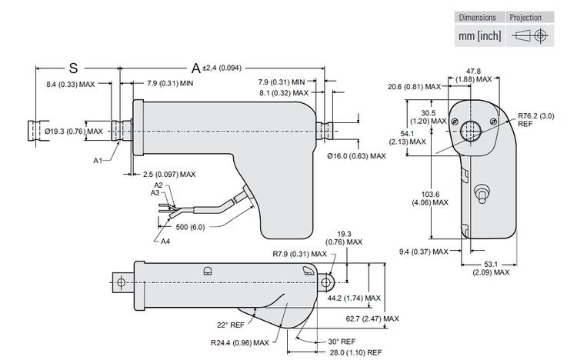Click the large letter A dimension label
[x=196, y=68]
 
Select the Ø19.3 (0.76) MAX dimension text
[x=75, y=132]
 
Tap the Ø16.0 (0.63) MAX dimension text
[x=356, y=156]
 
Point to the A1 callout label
[x=98, y=160]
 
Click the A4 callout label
[x=165, y=241]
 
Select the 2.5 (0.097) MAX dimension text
[x=169, y=175]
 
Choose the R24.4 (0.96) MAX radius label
[x=238, y=342]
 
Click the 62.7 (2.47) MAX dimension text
[x=372, y=318]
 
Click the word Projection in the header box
[x=525, y=18]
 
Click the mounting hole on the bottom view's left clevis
[x=121, y=282]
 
